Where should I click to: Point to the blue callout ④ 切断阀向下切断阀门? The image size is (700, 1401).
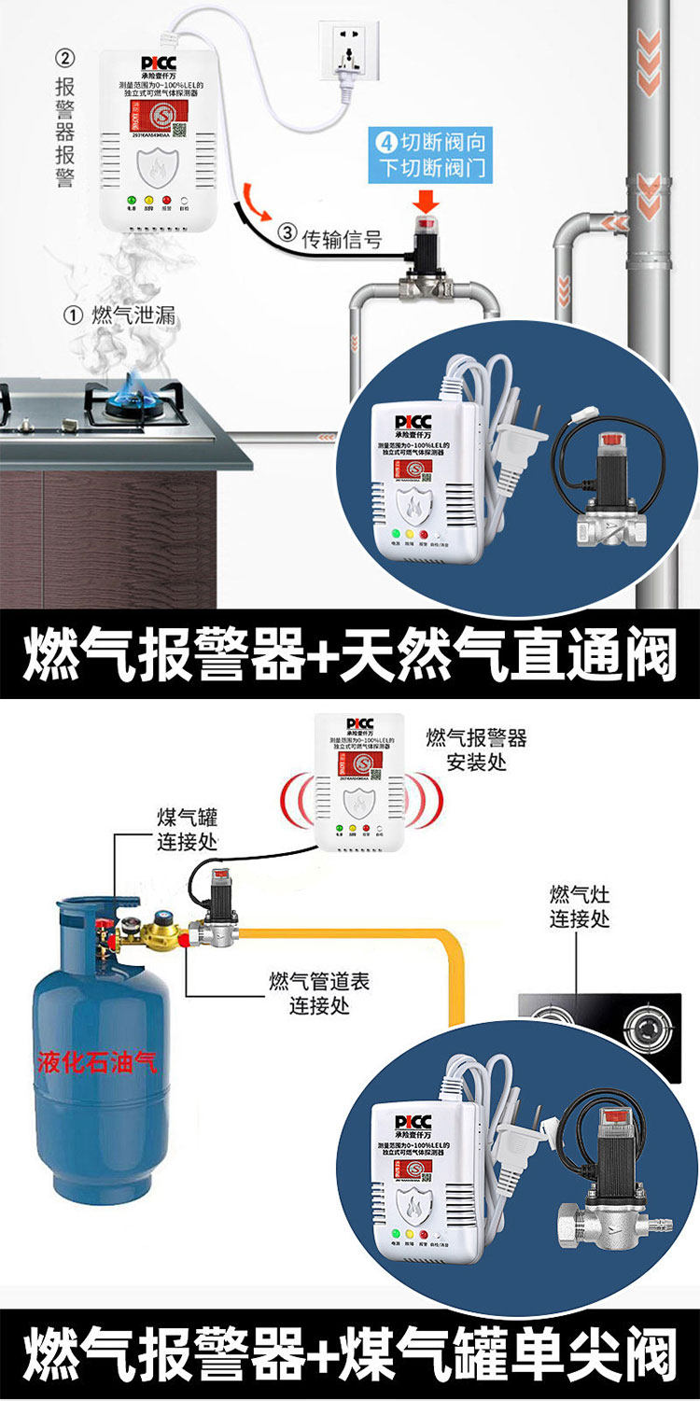coord(431,156)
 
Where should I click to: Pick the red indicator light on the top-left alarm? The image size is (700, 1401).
coord(167,199)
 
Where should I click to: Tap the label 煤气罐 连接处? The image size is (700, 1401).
coord(187,830)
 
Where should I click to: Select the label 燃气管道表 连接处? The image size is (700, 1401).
coord(319,993)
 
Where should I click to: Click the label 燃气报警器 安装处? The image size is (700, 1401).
coord(476,750)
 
